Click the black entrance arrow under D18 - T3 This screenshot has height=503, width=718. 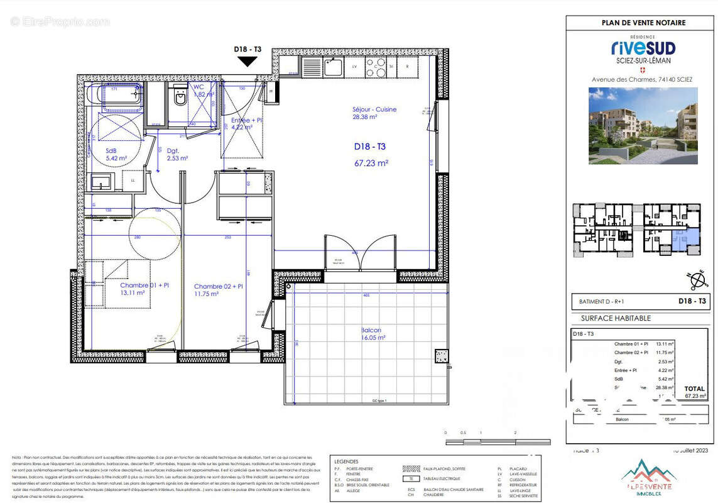pyautogui.click(x=247, y=61)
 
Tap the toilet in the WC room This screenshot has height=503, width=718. pyautogui.click(x=180, y=97)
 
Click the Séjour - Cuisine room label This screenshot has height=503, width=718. pyautogui.click(x=374, y=113)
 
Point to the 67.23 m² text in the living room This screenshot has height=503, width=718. pyautogui.click(x=371, y=162)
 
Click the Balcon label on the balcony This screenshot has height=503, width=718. pyautogui.click(x=371, y=334)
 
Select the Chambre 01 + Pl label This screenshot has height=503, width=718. pyautogui.click(x=144, y=289)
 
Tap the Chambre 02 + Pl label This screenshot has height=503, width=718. pyautogui.click(x=218, y=290)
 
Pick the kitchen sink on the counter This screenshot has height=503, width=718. pyautogui.click(x=331, y=65)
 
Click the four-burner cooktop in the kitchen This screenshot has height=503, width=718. pyautogui.click(x=376, y=65)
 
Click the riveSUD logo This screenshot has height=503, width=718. pyautogui.click(x=643, y=48)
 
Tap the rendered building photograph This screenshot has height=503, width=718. pyautogui.click(x=643, y=126)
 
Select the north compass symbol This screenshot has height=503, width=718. pyautogui.click(x=695, y=279)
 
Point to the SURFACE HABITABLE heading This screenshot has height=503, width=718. pyautogui.click(x=615, y=318)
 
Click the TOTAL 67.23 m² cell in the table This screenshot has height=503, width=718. pyautogui.click(x=695, y=392)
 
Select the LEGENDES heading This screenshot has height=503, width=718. pyautogui.click(x=347, y=461)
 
